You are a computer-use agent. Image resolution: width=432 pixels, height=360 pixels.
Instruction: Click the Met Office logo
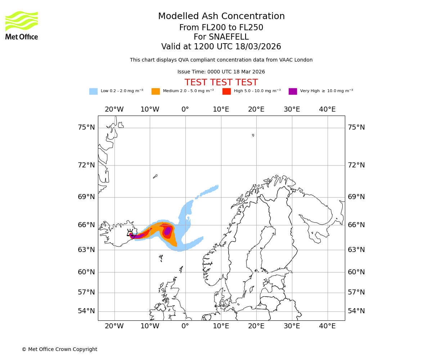[22, 25]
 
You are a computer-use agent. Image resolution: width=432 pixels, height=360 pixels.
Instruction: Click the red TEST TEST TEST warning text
[221, 82]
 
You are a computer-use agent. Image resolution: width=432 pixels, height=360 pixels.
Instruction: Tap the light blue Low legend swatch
[93, 91]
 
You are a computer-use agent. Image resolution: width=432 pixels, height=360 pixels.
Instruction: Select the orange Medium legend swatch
[156, 91]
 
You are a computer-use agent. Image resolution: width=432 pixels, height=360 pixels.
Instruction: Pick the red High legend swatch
[226, 91]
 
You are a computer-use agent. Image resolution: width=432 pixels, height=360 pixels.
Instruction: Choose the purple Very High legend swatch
[293, 91]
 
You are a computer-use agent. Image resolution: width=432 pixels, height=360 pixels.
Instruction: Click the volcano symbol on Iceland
[130, 233]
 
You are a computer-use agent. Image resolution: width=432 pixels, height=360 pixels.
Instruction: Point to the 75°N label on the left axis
[86, 127]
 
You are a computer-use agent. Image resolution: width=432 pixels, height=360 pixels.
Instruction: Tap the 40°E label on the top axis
[327, 109]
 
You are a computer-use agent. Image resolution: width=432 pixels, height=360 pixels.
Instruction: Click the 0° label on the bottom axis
[185, 326]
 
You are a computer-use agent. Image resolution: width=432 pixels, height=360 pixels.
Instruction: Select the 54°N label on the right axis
[356, 311]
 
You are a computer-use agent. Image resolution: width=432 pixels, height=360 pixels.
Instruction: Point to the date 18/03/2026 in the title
[258, 47]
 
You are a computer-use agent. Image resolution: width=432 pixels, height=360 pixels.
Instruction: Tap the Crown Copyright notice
[59, 349]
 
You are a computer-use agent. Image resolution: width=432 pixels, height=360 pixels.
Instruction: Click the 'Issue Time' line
[221, 72]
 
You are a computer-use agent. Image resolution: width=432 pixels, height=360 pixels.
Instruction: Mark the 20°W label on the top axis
[114, 109]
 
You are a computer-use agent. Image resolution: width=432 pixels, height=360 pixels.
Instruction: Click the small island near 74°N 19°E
[253, 135]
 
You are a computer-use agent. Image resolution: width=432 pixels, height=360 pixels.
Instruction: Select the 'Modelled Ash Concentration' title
[221, 16]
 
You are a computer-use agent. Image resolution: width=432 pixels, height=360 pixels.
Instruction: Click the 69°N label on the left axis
[86, 197]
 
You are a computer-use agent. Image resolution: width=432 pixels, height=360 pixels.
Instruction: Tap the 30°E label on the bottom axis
[292, 326]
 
